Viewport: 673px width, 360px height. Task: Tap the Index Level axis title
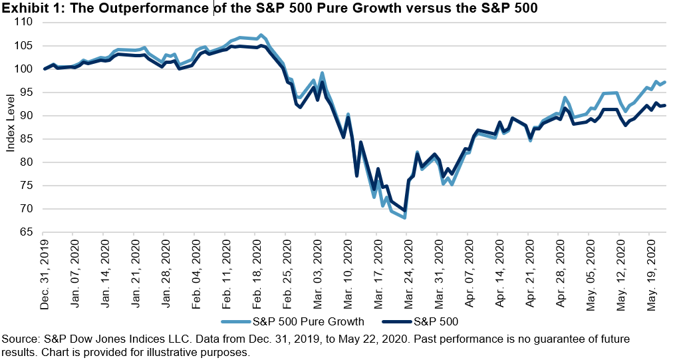point(10,127)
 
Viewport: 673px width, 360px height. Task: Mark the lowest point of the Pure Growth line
point(404,218)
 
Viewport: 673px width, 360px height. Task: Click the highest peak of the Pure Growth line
point(261,35)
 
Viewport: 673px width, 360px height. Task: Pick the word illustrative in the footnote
point(178,352)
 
